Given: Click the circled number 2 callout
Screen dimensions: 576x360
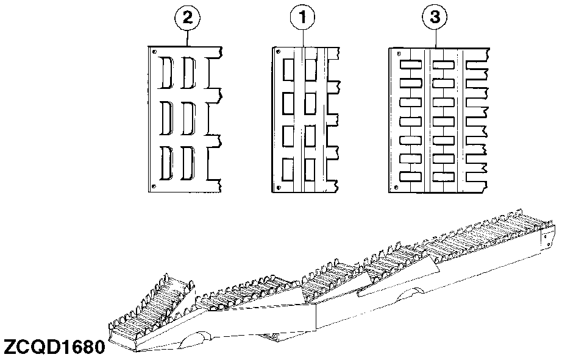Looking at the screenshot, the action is point(188,17).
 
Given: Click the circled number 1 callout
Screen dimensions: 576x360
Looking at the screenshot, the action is point(303,17).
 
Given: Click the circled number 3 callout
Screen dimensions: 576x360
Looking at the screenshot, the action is point(435,17).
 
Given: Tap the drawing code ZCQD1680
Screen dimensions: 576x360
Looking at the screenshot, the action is point(54,347).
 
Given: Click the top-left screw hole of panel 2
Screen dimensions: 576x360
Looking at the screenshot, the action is point(155,52).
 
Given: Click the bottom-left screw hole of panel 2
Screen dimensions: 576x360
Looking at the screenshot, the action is point(154,186).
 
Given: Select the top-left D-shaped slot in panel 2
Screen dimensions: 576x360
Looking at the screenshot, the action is point(166,72).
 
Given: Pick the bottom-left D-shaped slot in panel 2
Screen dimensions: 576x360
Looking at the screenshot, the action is point(166,163).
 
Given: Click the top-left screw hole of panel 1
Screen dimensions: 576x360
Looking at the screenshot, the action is point(279,52).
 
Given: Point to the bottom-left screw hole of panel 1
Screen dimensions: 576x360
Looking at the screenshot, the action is point(278,187).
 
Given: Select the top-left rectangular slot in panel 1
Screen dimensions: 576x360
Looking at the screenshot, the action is point(288,71).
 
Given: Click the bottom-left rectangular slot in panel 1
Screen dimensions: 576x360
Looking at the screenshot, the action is point(288,169).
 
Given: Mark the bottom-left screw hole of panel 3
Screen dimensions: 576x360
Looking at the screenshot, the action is point(396,187).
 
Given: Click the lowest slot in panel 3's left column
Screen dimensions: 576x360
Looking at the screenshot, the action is point(410,177).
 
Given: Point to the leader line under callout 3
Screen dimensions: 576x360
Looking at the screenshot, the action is point(435,39).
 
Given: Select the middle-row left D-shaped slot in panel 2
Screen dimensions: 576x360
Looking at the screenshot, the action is point(166,118).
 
